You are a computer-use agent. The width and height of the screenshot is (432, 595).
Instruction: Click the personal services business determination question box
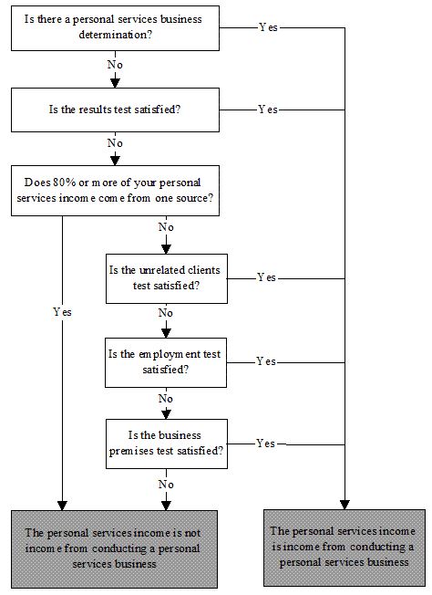click(115, 28)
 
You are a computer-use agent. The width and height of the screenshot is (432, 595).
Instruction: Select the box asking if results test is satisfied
click(115, 110)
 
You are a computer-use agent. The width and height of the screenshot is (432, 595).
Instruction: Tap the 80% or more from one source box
click(115, 191)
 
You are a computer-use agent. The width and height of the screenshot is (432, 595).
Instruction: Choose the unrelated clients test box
click(167, 278)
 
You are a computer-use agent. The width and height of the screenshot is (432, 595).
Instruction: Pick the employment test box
click(166, 362)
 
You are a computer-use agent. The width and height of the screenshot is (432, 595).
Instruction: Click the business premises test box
click(167, 444)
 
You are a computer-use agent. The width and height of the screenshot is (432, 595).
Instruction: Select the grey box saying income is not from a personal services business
click(114, 549)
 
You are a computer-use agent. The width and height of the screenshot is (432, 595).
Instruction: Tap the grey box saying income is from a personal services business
click(345, 548)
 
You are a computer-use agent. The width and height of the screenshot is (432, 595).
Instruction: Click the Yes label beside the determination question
click(268, 27)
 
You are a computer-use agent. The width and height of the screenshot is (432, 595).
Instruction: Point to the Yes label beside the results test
click(268, 110)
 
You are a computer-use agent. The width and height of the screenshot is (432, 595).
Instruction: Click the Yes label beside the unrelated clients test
click(266, 277)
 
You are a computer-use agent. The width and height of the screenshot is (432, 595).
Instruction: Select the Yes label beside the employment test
click(266, 361)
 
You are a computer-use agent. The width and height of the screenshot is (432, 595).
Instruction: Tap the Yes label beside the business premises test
click(266, 444)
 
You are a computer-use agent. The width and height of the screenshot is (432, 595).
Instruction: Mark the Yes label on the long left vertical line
click(62, 312)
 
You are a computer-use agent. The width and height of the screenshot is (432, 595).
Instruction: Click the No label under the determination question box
click(115, 65)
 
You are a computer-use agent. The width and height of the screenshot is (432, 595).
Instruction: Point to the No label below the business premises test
click(166, 485)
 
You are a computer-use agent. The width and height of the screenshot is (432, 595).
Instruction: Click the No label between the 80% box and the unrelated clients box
click(166, 227)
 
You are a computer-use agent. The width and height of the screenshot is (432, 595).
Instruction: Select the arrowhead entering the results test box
click(115, 83)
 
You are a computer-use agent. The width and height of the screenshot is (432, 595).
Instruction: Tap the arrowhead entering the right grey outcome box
click(345, 505)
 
